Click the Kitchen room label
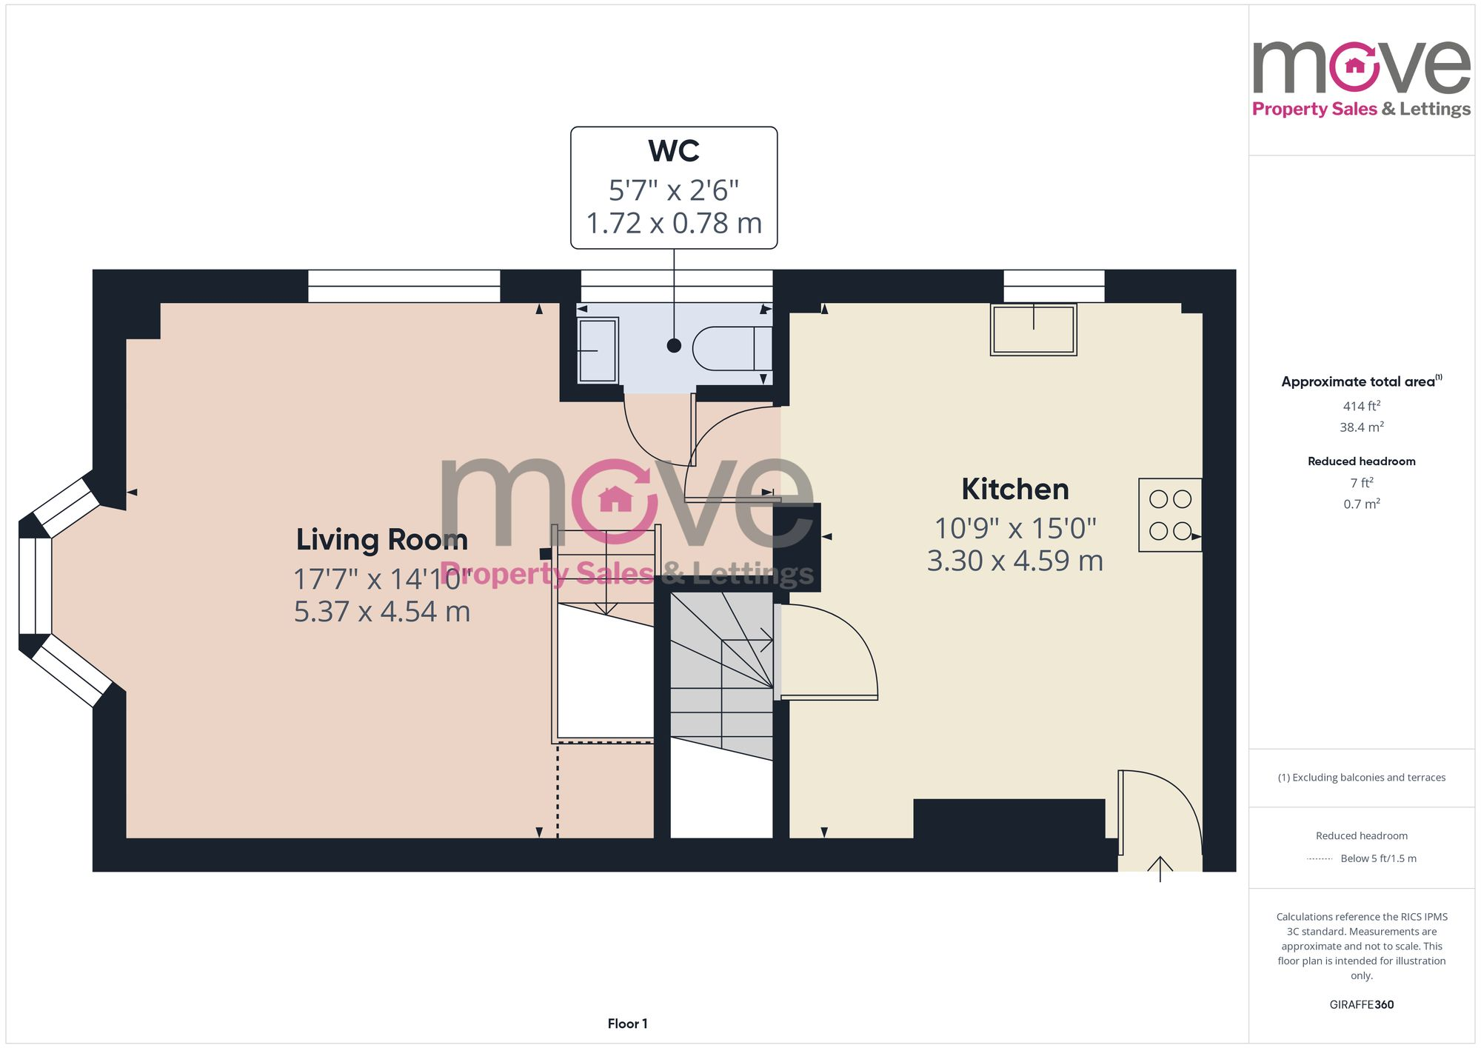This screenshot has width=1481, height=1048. pos(1014,490)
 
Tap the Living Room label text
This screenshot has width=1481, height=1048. pos(381,539)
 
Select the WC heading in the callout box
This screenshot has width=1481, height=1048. pos(673,151)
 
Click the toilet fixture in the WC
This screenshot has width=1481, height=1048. pos(729,347)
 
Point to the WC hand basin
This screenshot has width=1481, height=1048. pos(598,350)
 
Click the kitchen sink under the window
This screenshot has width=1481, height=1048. pos(1033,330)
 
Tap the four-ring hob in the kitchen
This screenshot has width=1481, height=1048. pos(1170,515)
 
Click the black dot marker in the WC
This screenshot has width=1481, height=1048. pos(674,345)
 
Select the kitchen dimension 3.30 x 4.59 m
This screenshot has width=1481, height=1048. pos(1014,561)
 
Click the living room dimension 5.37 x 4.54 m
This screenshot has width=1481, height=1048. pos(381,612)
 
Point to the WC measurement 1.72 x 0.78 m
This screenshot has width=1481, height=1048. pos(673,223)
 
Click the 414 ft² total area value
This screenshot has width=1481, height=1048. pos(1361,406)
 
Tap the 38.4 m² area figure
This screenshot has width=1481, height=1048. pos(1361,427)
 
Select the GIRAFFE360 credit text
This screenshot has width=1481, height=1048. pos(1361,1004)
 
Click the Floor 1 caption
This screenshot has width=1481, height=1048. pos(627,1024)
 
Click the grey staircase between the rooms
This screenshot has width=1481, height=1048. pos(721,674)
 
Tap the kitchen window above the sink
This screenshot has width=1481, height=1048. pos(1054,286)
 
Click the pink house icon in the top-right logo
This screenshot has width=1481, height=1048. pos(1354,66)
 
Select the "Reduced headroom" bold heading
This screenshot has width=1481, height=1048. pos(1361,461)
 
